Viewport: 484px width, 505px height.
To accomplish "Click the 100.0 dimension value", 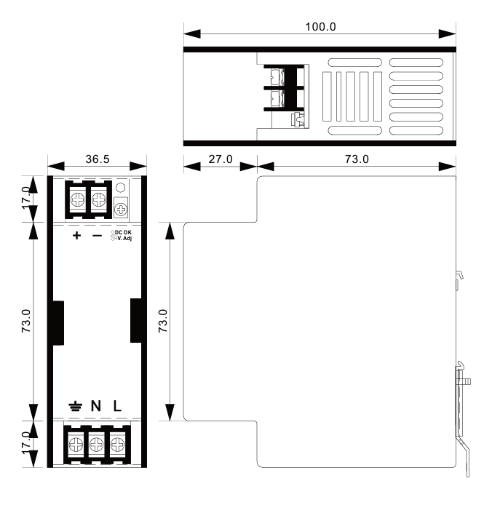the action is (x=320, y=27).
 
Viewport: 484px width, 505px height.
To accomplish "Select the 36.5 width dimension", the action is (x=98, y=159).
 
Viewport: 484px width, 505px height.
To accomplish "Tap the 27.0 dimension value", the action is (x=221, y=159).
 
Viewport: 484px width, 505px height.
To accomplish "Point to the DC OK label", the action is (x=123, y=232).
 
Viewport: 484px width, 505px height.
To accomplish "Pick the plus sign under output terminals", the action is (x=76, y=236).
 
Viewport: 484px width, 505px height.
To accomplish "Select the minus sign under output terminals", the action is (x=97, y=236).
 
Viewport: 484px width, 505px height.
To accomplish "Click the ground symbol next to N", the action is (x=76, y=407).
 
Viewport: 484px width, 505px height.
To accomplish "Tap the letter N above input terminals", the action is (x=96, y=406).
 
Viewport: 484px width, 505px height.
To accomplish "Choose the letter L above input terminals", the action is (x=117, y=406).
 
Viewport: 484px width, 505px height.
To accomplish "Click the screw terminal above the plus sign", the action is (x=78, y=199).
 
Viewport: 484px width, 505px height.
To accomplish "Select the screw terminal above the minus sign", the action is (x=98, y=199).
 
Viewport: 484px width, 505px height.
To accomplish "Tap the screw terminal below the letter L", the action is (x=118, y=445).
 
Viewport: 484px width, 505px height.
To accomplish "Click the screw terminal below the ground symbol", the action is (x=76, y=445).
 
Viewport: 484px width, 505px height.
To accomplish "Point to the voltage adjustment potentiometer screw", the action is (x=121, y=210).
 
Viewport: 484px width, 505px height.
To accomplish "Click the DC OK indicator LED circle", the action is (x=120, y=188).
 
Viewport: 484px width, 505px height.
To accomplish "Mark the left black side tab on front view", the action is (x=58, y=323).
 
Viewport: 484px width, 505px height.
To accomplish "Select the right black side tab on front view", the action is (x=136, y=320).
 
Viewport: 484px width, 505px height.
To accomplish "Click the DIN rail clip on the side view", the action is (x=462, y=418).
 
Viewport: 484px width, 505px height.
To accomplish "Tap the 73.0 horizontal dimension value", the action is (x=357, y=159).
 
